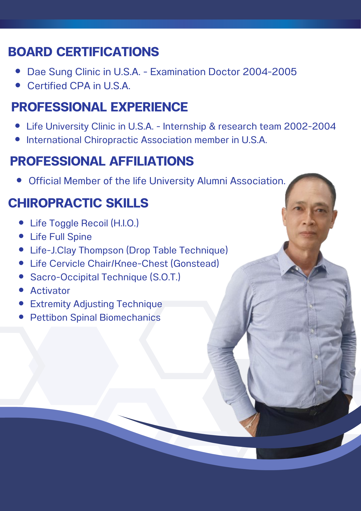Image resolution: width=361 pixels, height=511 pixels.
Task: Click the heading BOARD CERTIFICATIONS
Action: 83,52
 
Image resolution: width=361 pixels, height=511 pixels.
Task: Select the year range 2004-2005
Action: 270,72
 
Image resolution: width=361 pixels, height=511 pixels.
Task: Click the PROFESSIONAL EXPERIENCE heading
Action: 100,107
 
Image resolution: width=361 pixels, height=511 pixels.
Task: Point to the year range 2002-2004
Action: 310,126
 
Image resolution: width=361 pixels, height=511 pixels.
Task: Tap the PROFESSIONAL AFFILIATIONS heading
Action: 102,161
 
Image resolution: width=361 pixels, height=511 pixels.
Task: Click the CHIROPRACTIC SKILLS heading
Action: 78,203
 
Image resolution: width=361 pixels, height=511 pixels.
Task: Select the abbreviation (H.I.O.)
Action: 125,223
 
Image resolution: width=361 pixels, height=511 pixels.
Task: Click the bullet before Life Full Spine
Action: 21,236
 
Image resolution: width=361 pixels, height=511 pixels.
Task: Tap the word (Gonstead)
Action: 195,263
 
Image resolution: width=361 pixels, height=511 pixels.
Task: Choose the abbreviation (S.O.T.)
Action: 165,277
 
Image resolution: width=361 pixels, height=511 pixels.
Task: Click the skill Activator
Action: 50,291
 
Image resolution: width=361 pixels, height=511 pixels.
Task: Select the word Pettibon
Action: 49,318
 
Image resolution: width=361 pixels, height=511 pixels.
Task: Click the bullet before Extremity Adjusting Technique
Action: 21,303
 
